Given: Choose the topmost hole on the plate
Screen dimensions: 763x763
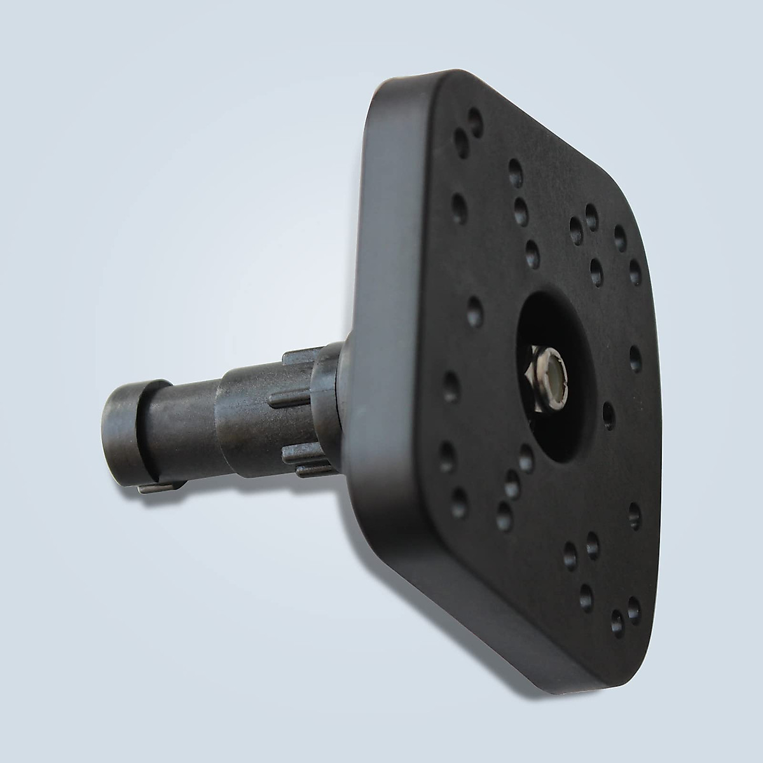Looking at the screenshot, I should [x=474, y=117].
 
